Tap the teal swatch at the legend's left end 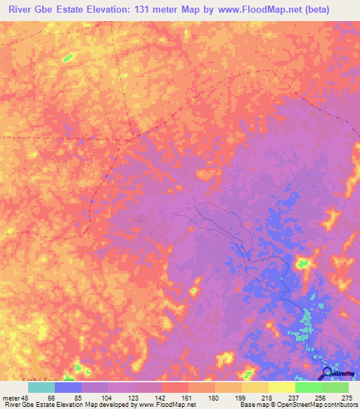click(x=41, y=387)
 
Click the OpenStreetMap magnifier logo click(x=327, y=374)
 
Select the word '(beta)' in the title click(x=335, y=10)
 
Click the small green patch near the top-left click(x=69, y=57)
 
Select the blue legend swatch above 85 click(x=68, y=387)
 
